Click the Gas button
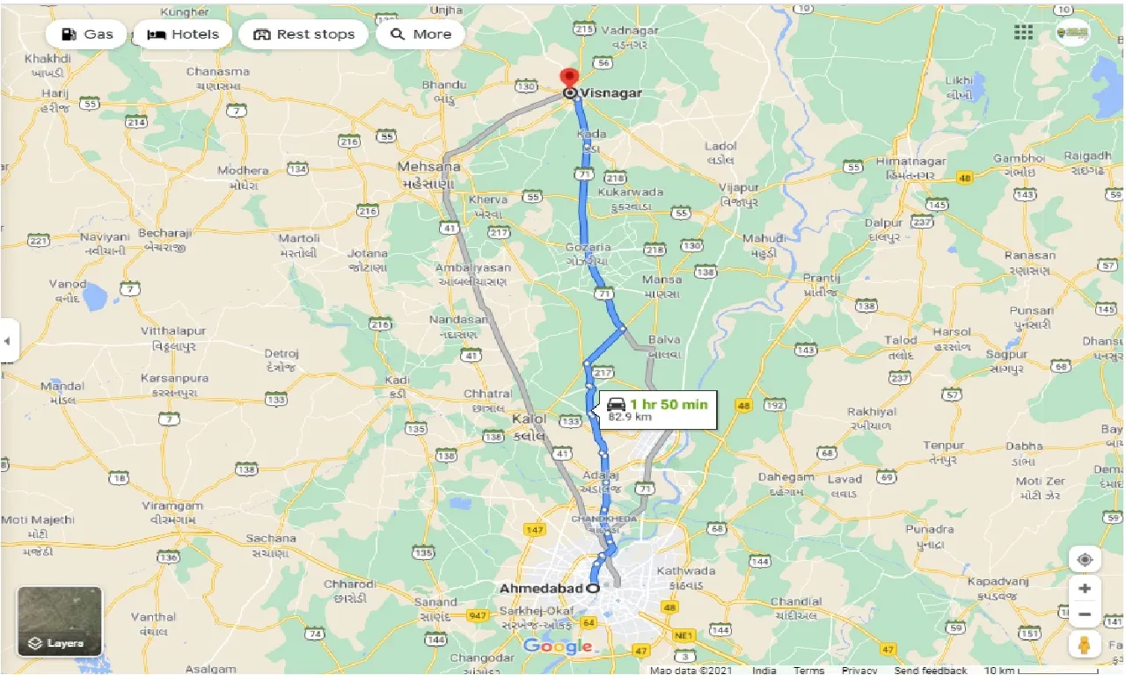(x=87, y=34)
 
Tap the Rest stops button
(x=304, y=34)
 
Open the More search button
(x=420, y=34)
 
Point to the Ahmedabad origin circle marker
(x=593, y=588)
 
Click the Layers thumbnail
(x=60, y=622)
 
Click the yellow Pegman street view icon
(x=1085, y=644)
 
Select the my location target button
(x=1085, y=560)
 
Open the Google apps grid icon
(x=1023, y=33)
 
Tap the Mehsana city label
(x=429, y=166)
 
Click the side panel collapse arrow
(x=8, y=339)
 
